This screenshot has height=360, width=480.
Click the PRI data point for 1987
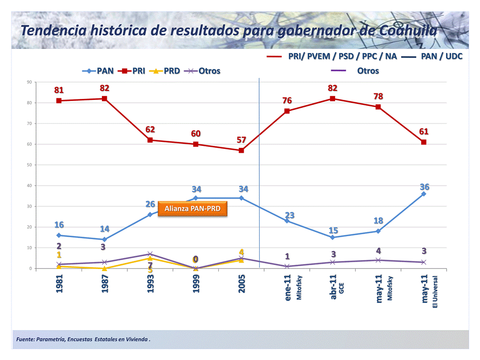coord(104,98)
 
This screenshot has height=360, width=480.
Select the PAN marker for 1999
coord(196,198)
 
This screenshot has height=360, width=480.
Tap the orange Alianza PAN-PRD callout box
coord(193,209)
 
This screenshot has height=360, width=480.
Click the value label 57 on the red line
coord(241,139)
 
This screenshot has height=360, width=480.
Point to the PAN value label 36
coord(425,187)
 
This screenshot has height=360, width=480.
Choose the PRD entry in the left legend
coord(165,70)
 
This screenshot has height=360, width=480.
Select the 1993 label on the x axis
coord(150,283)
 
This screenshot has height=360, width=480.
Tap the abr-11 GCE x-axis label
coord(335,286)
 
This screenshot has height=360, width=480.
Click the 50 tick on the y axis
coord(29,165)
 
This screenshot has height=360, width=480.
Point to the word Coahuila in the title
coord(408,30)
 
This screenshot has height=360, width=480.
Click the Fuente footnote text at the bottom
coord(83,340)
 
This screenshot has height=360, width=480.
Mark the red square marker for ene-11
coord(287,111)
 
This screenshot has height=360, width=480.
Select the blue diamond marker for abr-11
coord(333,237)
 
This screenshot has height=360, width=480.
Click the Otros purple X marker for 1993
coord(150,254)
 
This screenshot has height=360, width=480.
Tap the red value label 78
coord(378,96)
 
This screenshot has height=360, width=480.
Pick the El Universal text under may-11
coord(435,292)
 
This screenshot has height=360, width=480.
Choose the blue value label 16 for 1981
coord(59,225)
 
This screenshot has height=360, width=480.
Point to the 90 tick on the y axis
coord(29,82)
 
